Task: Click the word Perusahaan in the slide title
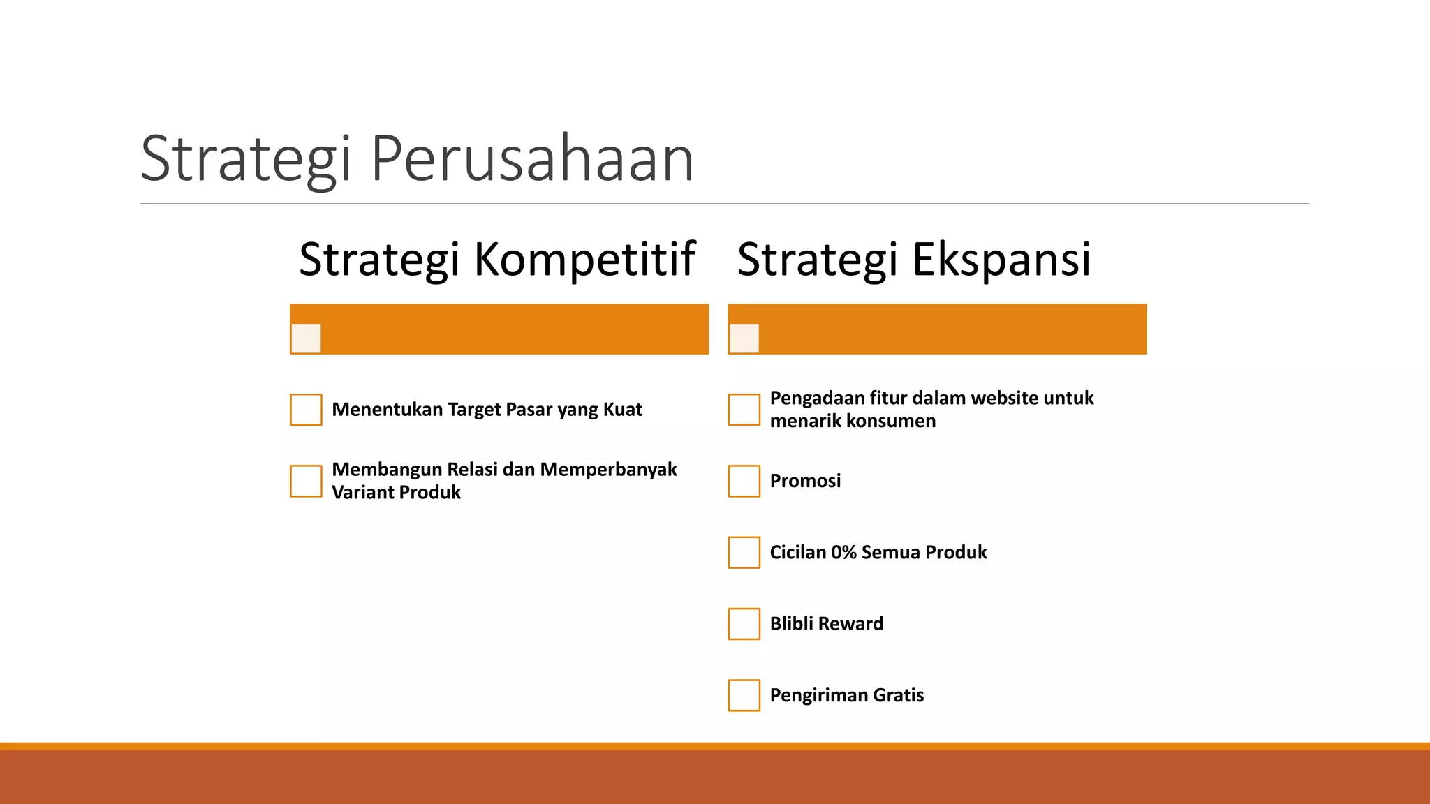532,159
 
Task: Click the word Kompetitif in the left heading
584,260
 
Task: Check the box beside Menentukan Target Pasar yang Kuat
306,410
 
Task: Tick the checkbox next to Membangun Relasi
306,481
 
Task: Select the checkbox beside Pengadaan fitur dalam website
744,410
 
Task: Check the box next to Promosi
744,481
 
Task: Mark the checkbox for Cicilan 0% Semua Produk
744,552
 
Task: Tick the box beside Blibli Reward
744,624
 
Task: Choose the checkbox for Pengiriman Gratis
744,695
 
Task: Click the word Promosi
805,481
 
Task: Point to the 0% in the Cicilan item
843,552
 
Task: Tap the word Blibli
791,623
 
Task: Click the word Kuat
623,410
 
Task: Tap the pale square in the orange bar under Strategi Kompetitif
306,338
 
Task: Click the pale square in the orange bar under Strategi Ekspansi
744,338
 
